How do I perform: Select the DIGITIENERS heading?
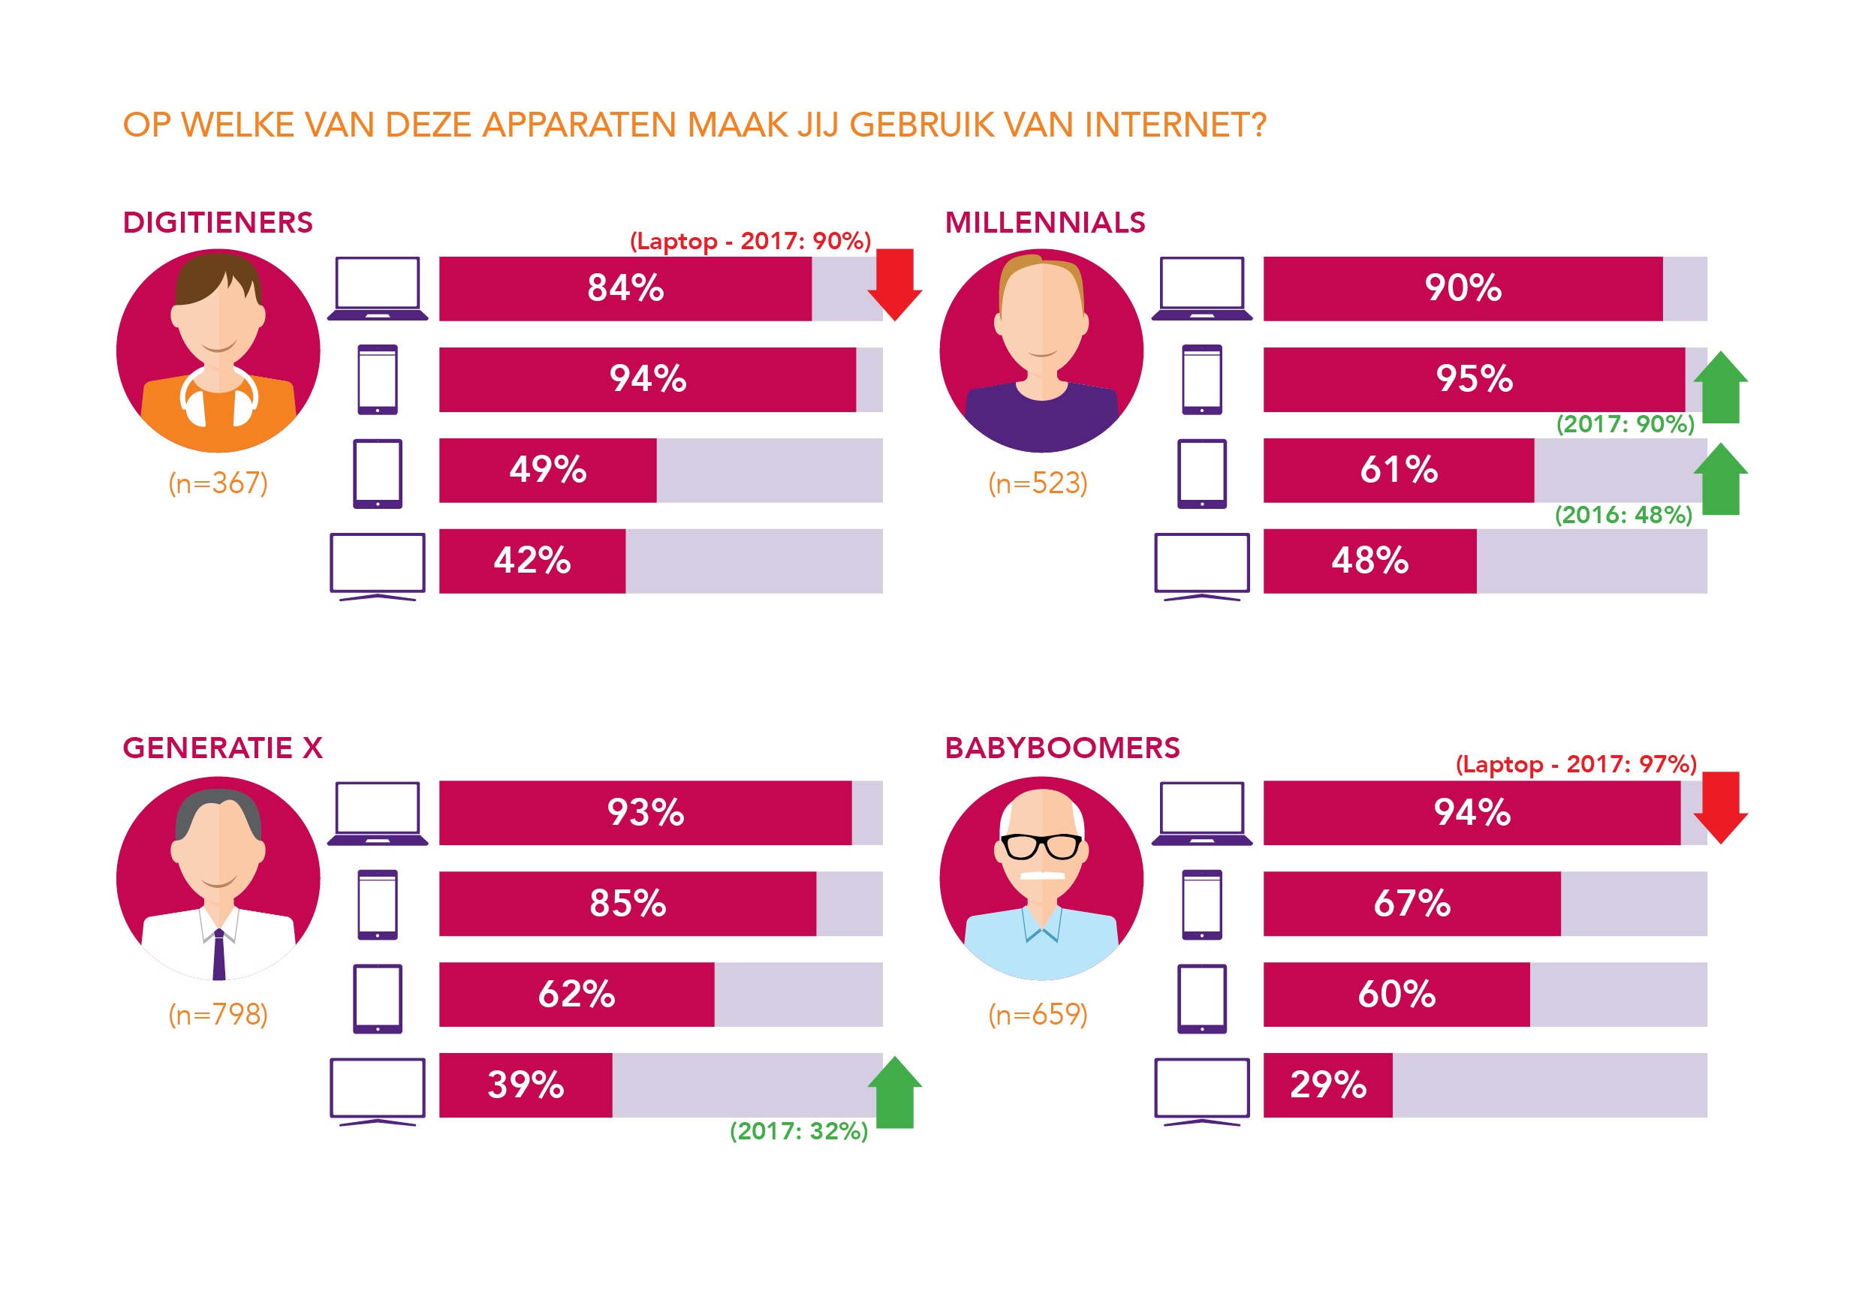click(217, 223)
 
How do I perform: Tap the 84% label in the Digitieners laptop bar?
click(625, 288)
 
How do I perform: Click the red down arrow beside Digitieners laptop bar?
click(894, 284)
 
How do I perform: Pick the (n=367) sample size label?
click(217, 483)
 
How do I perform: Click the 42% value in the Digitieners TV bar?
click(532, 561)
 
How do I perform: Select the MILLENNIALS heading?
click(1044, 223)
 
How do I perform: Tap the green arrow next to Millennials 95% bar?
click(1720, 387)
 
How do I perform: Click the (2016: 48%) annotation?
click(1622, 515)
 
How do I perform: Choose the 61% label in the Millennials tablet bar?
click(1399, 470)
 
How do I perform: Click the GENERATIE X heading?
click(222, 748)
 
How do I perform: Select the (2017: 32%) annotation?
click(799, 1131)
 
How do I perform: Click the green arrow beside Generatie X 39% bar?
click(894, 1092)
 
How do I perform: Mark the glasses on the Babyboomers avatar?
click(1041, 846)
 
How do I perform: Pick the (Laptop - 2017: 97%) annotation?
click(1576, 765)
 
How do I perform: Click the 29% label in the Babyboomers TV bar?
click(1327, 1085)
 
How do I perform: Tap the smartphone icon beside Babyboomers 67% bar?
click(1201, 904)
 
